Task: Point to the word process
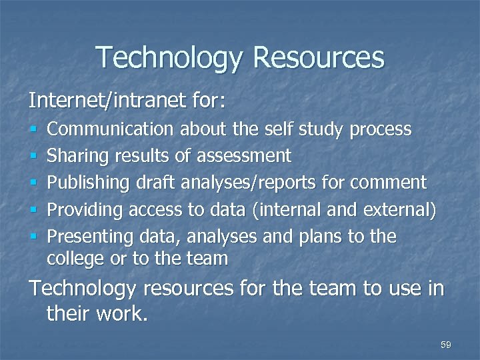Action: coord(382,129)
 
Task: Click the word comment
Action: coord(391,183)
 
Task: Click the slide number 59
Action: coord(446,345)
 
